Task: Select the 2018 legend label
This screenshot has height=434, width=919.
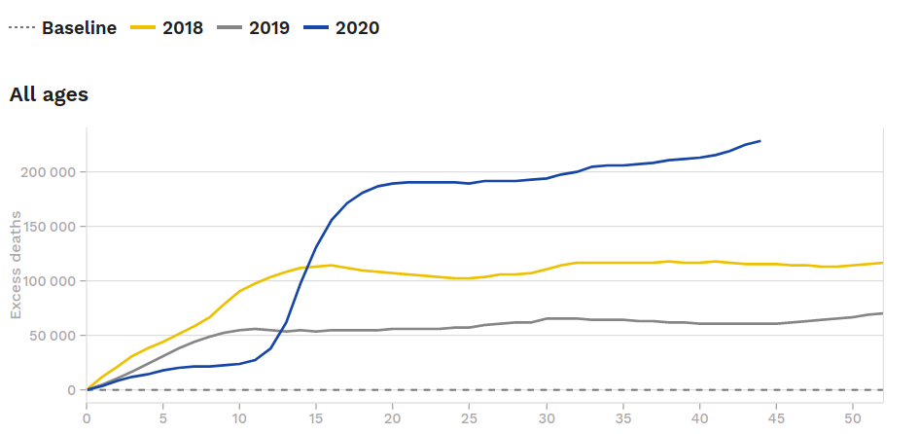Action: click(182, 27)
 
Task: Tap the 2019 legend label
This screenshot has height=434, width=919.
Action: click(268, 27)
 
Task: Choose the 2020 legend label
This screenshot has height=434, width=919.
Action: click(356, 27)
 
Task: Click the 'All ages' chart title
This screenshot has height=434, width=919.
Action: click(49, 94)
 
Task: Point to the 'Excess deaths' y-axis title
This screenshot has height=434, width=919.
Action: click(16, 281)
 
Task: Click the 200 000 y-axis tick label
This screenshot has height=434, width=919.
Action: click(48, 172)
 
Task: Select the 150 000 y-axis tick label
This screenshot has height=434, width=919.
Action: click(48, 227)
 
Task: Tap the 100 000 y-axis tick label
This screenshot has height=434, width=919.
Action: click(48, 281)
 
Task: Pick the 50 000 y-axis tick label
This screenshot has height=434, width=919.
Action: click(52, 336)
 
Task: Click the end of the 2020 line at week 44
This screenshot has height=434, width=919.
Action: click(760, 141)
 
